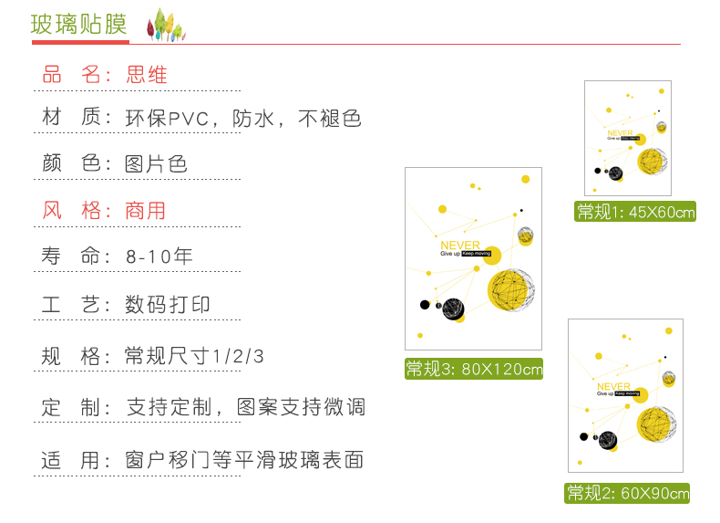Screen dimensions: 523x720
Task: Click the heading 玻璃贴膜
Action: (79, 25)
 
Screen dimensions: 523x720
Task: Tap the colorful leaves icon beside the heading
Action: (165, 25)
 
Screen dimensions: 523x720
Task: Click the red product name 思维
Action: (147, 75)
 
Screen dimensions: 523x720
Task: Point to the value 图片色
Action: (157, 164)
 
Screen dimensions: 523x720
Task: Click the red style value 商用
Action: (146, 211)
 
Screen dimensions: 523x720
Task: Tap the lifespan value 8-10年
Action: (159, 256)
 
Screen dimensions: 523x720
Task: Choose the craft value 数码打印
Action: (168, 305)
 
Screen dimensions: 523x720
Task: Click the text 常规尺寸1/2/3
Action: (194, 356)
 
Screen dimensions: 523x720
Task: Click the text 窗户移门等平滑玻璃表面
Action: (245, 460)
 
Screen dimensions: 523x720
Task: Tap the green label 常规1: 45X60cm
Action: (635, 212)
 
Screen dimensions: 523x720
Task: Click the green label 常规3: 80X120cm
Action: (474, 369)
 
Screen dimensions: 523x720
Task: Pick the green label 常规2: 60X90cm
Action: (628, 493)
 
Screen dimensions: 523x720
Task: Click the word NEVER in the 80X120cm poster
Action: (459, 246)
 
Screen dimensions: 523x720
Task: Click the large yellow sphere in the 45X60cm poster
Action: (653, 162)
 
